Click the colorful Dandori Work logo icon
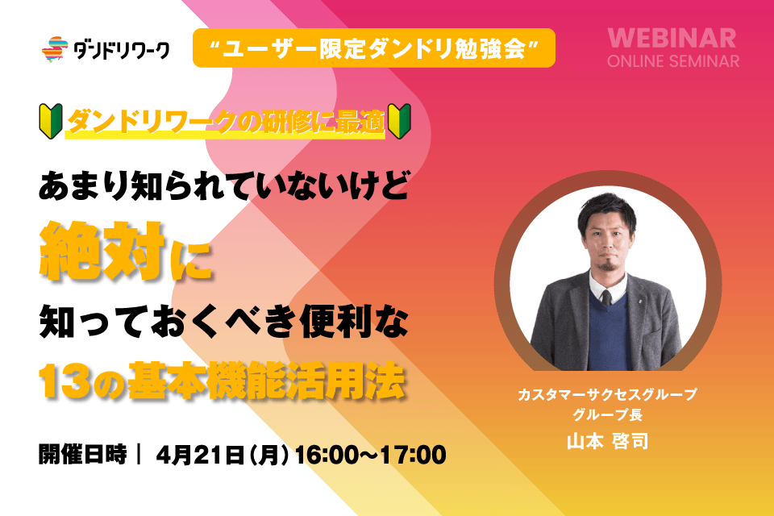coord(55,49)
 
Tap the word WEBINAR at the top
coord(672,39)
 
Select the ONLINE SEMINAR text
coord(672,61)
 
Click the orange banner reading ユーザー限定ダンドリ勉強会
coord(373,48)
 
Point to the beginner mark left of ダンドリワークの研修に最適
coord(51,121)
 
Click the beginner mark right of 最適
coord(399,121)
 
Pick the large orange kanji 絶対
coord(102,251)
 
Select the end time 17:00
coord(413,455)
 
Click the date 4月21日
coord(200,455)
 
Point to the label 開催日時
coord(82,454)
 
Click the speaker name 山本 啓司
coord(607,441)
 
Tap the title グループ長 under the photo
coord(607,414)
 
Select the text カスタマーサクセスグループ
coord(607,394)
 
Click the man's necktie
coord(606,298)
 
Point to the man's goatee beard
coord(606,265)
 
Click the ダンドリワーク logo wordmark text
coord(122,50)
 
